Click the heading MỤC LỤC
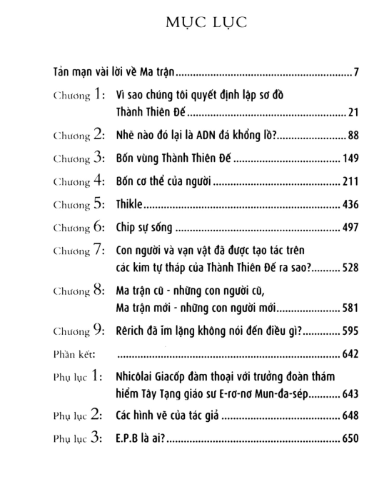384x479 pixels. pyautogui.click(x=191, y=23)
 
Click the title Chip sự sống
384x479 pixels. pyautogui.click(x=145, y=229)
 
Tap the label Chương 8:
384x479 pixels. pyautogui.click(x=80, y=293)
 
